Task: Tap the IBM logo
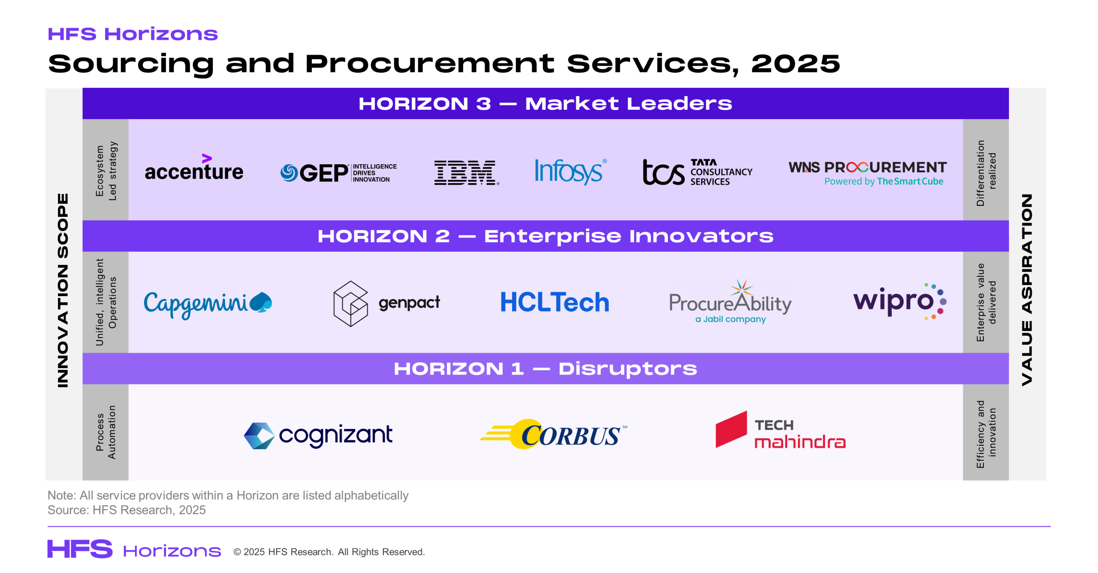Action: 467,173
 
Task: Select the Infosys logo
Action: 570,171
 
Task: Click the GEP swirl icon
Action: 289,173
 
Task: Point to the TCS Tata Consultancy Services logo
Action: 697,172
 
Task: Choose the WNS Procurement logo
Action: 867,173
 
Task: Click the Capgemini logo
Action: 208,304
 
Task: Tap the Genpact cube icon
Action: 350,303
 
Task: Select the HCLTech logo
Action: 555,302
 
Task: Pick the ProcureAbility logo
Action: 730,302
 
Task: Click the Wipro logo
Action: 900,301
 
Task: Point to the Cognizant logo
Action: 318,435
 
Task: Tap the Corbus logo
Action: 553,434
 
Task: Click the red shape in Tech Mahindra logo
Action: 731,429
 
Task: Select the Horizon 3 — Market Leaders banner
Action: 546,103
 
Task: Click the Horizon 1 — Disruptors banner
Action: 546,369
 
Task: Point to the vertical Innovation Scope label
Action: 63,291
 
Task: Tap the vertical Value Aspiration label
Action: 1027,290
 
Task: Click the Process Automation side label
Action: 106,432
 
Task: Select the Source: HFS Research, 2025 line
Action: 127,510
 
